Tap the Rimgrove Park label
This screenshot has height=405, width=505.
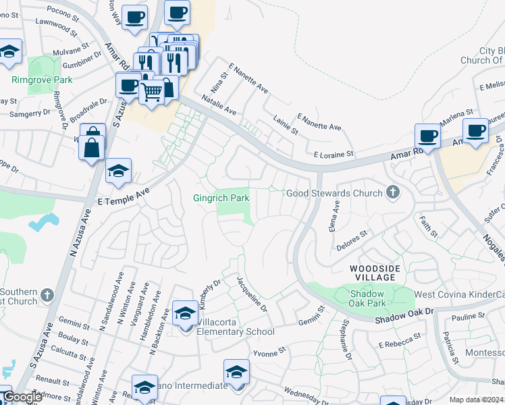coord(41,80)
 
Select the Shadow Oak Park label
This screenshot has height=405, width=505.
coord(367,299)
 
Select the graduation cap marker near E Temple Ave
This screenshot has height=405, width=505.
coord(118,171)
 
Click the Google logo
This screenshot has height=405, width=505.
coord(22,398)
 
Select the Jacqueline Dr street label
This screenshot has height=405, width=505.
coord(252,294)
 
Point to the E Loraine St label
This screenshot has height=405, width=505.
coord(329,154)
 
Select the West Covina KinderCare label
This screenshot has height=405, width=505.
coord(458,295)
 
